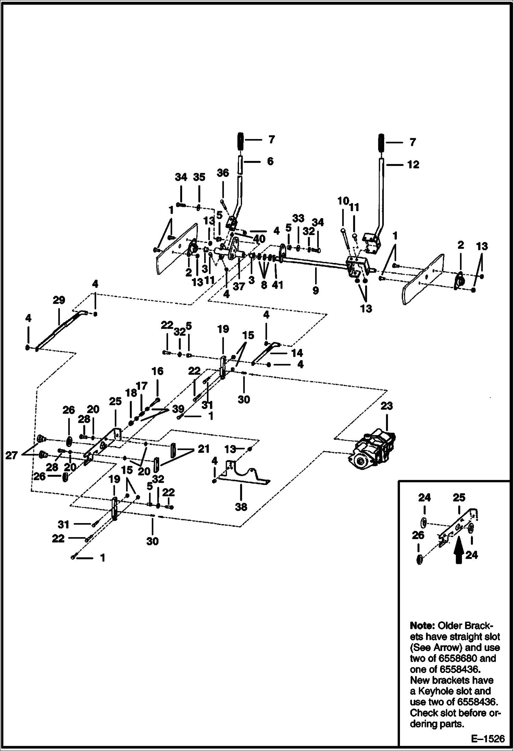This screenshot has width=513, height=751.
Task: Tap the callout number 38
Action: pyautogui.click(x=241, y=507)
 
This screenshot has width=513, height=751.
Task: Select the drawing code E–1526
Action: pyautogui.click(x=488, y=739)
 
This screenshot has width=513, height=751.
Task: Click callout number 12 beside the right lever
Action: pyautogui.click(x=413, y=165)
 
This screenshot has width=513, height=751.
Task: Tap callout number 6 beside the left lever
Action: pyautogui.click(x=270, y=161)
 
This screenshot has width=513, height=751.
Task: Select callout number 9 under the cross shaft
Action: pyautogui.click(x=316, y=290)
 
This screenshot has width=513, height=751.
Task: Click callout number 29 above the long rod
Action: pyautogui.click(x=59, y=300)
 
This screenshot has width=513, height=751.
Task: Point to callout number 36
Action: pyautogui.click(x=223, y=173)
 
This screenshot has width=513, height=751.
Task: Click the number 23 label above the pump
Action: pyautogui.click(x=387, y=406)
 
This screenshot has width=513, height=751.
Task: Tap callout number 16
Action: pyautogui.click(x=158, y=371)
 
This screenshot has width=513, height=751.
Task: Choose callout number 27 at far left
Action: pyautogui.click(x=11, y=456)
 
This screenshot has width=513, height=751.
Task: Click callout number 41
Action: pyautogui.click(x=277, y=284)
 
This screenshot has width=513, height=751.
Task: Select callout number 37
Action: pyautogui.click(x=239, y=286)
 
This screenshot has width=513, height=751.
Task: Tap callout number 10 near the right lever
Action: pyautogui.click(x=343, y=201)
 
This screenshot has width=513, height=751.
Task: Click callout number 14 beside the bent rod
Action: pyautogui.click(x=297, y=353)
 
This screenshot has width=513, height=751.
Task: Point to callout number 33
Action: pyautogui.click(x=298, y=218)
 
